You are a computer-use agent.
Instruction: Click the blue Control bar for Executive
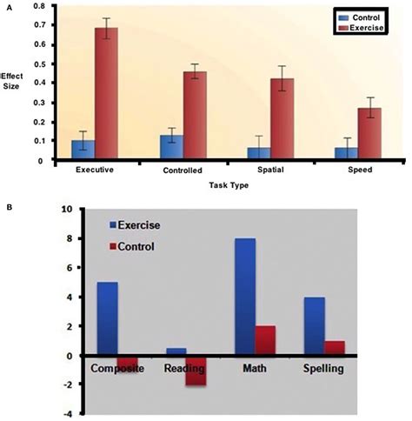tap(83, 150)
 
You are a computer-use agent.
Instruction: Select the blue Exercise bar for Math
tap(244, 297)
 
